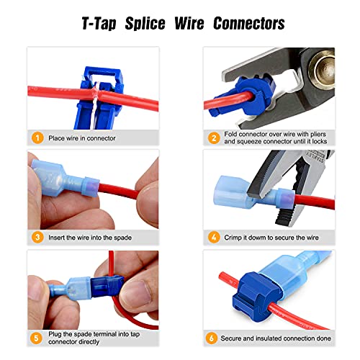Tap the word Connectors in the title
pyautogui.click(x=246, y=24)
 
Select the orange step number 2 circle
pyautogui.click(x=213, y=137)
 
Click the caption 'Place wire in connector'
pyautogui.click(x=81, y=137)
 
